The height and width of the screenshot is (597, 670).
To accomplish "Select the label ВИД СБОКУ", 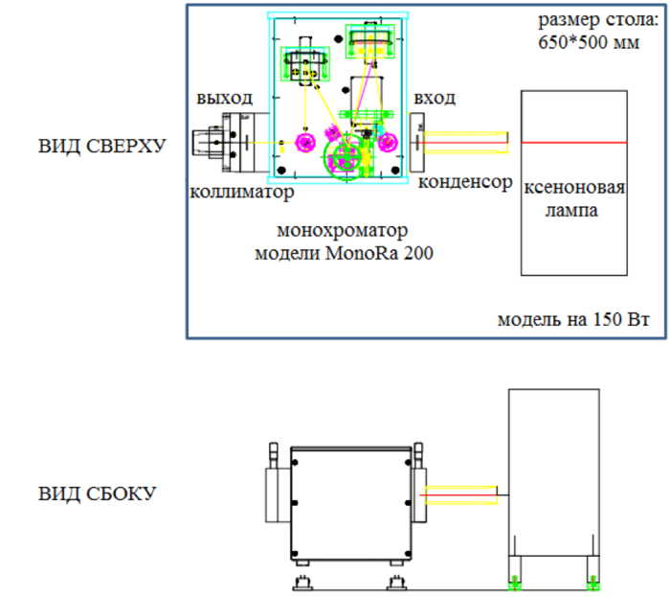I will pos(98,494).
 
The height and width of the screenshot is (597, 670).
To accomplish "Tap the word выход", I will pos(225,98).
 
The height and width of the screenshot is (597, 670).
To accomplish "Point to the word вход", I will pos(435,98).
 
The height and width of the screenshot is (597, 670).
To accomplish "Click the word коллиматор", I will pos(241,192).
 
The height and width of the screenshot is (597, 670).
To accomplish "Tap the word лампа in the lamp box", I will pos(572,211).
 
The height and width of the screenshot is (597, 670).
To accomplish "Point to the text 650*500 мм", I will pos(580,42).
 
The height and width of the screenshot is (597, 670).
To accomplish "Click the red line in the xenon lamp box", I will pos(573,143).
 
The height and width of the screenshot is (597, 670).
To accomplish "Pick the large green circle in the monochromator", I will pos(343,156).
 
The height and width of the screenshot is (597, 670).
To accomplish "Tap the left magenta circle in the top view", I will pos(305,144).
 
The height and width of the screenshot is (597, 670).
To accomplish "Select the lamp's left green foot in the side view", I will pos(514,579).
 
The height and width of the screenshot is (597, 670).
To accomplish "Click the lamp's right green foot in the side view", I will pos(593,579).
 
